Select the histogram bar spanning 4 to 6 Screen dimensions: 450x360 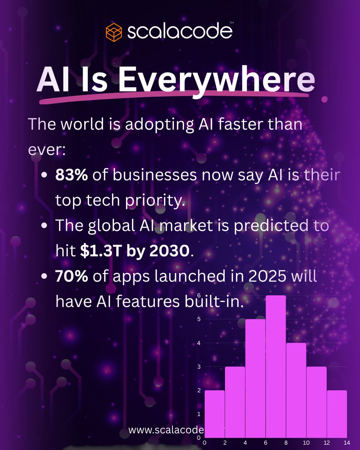[x=245, y=378]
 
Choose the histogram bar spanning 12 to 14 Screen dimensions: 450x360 [x=337, y=414]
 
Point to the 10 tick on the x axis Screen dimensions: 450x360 [x=306, y=443]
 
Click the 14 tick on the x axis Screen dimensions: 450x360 [x=347, y=443]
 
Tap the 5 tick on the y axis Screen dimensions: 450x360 [x=199, y=319]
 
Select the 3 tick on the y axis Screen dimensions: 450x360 [x=199, y=367]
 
